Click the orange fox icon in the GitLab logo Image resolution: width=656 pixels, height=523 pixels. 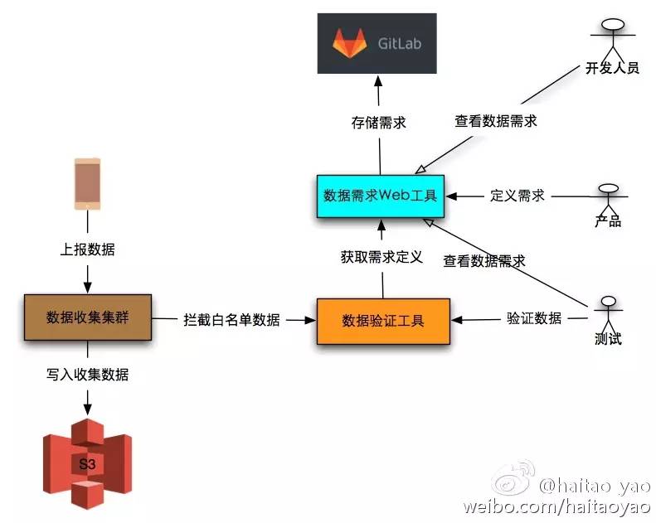click(349, 43)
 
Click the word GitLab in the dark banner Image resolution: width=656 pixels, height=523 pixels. click(400, 43)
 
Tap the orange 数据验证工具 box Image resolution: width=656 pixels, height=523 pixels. click(383, 320)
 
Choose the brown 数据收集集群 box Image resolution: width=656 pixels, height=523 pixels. click(87, 317)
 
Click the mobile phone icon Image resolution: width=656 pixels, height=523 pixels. click(87, 183)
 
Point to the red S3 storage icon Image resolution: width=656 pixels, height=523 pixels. click(87, 463)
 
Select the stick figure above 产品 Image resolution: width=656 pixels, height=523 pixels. click(608, 196)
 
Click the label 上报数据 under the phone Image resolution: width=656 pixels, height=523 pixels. click(88, 249)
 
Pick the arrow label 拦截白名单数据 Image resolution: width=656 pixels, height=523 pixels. click(231, 320)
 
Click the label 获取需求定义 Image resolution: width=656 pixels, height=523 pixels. click(381, 257)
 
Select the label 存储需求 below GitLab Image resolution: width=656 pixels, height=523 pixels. click(379, 122)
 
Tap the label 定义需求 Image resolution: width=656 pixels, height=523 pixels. click(518, 196)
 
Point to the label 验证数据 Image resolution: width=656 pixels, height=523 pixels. click(534, 318)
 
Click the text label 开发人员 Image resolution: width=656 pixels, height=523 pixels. click(611, 67)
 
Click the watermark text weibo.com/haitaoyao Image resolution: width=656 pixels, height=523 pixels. click(556, 506)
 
